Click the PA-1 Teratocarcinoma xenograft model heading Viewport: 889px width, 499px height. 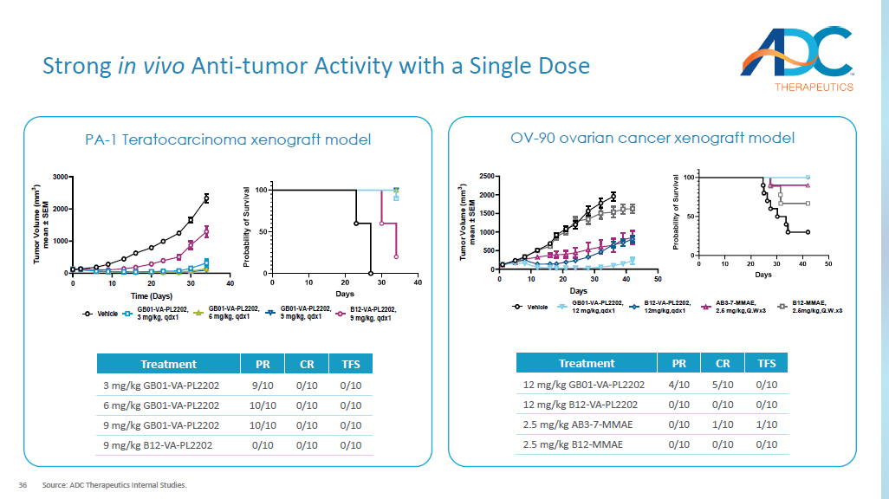pyautogui.click(x=228, y=139)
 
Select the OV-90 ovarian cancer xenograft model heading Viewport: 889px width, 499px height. pyautogui.click(x=652, y=138)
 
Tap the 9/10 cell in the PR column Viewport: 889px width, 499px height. pyautogui.click(x=263, y=386)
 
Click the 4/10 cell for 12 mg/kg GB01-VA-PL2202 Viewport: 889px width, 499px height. pyautogui.click(x=679, y=385)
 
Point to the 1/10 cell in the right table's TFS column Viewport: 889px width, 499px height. pyautogui.click(x=766, y=424)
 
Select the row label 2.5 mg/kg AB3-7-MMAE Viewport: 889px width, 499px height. pyautogui.click(x=577, y=424)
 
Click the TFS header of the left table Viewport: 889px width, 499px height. pyautogui.click(x=350, y=364)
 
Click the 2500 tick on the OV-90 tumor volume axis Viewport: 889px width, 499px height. pyautogui.click(x=486, y=177)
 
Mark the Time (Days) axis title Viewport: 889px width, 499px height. pyautogui.click(x=150, y=295)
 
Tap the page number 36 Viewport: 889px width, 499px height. pyautogui.click(x=23, y=484)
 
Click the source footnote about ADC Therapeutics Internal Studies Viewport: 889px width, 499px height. pyautogui.click(x=114, y=484)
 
